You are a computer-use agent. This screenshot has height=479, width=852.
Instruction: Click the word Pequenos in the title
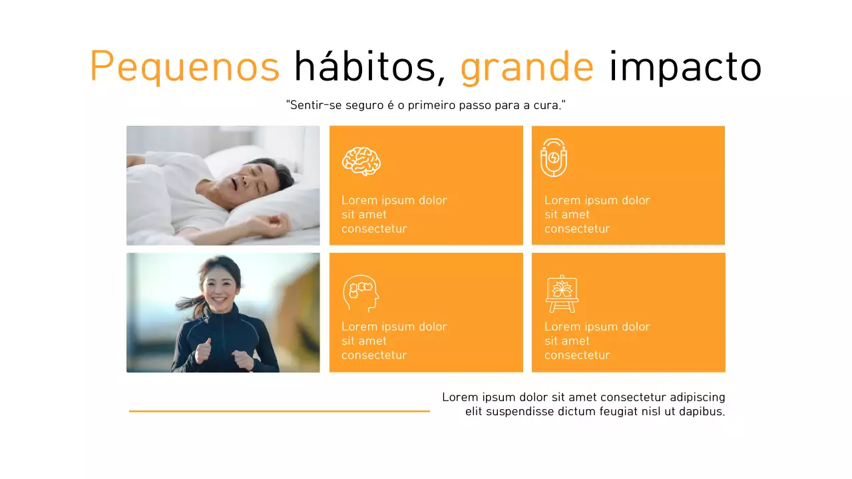pyautogui.click(x=184, y=67)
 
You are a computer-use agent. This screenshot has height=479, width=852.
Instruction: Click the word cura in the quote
pyautogui.click(x=545, y=105)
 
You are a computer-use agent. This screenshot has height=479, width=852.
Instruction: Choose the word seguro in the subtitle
pyautogui.click(x=362, y=105)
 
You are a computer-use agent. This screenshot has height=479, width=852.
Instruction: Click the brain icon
pyautogui.click(x=361, y=161)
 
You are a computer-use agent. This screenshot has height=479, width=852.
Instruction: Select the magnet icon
pyautogui.click(x=553, y=158)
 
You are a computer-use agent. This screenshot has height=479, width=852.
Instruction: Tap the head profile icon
pyautogui.click(x=360, y=293)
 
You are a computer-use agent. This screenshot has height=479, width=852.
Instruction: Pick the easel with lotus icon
pyautogui.click(x=562, y=293)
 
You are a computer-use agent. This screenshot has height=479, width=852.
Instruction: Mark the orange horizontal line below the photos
pyautogui.click(x=279, y=411)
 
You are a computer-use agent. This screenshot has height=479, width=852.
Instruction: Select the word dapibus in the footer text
pyautogui.click(x=701, y=411)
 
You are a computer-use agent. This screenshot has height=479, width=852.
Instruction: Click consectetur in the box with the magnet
pyautogui.click(x=576, y=229)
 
